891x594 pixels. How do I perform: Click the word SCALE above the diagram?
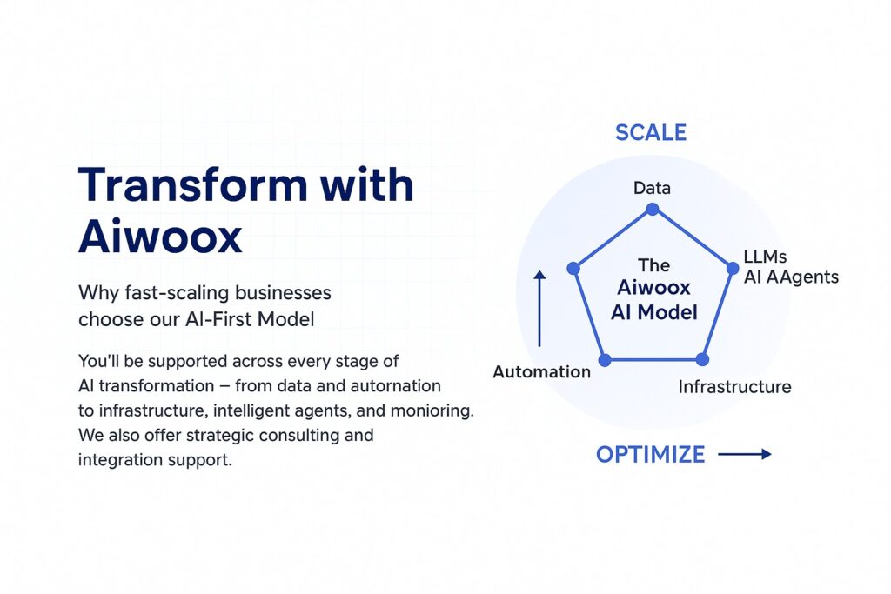tap(651, 132)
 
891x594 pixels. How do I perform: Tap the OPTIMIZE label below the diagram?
tap(650, 454)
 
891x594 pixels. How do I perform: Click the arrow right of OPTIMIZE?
tap(745, 454)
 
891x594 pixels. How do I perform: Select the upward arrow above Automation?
tap(539, 309)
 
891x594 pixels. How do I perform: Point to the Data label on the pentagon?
tap(652, 188)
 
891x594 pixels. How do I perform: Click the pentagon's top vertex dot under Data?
tap(653, 209)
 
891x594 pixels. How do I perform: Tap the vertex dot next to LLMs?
tap(733, 268)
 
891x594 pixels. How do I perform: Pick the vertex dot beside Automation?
tap(605, 359)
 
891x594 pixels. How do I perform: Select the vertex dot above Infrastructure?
tap(702, 359)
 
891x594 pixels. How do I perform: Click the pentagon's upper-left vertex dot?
tap(573, 268)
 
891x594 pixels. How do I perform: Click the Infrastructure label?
tap(734, 387)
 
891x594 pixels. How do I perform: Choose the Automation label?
tap(541, 372)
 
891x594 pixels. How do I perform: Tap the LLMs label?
tap(765, 257)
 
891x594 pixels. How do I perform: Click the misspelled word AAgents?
tap(802, 277)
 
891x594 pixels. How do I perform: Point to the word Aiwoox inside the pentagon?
tap(653, 287)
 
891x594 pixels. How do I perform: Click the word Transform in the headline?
tap(192, 184)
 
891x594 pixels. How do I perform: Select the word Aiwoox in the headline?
tap(160, 236)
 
